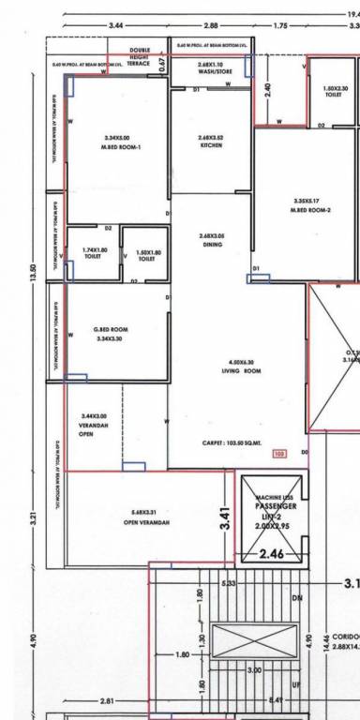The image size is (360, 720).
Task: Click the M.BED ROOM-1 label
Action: [x=122, y=143]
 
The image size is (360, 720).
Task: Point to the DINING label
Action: [x=211, y=240]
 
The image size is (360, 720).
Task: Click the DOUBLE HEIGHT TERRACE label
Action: [x=140, y=56]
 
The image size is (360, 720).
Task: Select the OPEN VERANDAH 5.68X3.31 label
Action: [x=143, y=517]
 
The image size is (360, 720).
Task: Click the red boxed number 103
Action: [x=278, y=454]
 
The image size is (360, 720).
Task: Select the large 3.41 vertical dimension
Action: [x=224, y=519]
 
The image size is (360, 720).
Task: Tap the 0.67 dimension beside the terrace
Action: [x=162, y=63]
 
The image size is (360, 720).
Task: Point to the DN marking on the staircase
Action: [x=297, y=597]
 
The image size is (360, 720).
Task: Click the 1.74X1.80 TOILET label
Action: [x=95, y=254]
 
